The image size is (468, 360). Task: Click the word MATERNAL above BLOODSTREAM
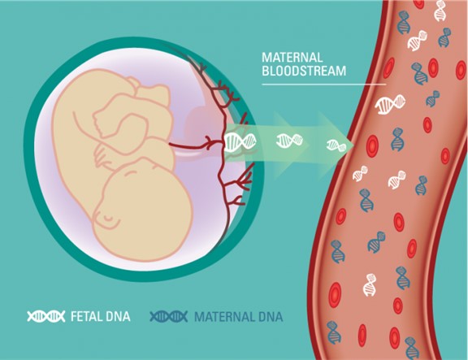click(292, 58)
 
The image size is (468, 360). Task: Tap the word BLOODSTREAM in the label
click(304, 71)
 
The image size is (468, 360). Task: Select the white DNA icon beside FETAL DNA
click(46, 316)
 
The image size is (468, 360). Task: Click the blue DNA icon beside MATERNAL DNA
click(169, 316)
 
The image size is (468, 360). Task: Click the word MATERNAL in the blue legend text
click(224, 316)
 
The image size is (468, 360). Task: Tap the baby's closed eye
click(108, 219)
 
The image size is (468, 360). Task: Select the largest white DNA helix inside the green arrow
click(240, 141)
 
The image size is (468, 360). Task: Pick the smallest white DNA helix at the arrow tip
click(336, 145)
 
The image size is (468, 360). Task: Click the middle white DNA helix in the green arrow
click(289, 141)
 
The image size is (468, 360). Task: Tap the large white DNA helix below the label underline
click(390, 104)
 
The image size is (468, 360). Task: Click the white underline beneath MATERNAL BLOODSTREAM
click(324, 85)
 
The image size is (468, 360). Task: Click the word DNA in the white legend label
click(117, 316)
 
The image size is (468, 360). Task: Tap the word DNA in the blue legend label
click(270, 316)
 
